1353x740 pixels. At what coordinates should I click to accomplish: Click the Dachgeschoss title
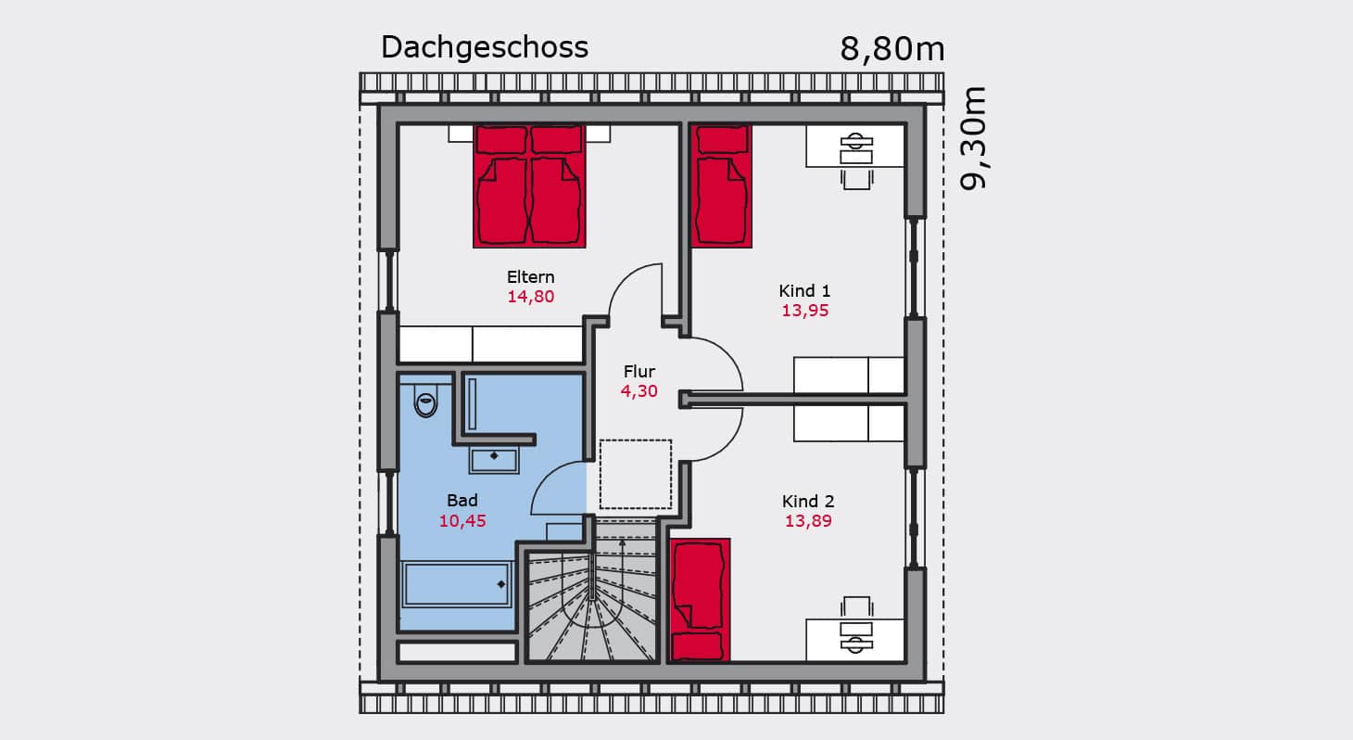pos(485,47)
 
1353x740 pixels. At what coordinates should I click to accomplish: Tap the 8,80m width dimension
pos(891,49)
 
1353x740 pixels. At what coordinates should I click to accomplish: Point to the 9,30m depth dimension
pos(972,138)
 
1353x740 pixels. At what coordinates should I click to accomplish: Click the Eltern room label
pos(530,277)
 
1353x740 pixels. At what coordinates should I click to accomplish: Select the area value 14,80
pos(530,297)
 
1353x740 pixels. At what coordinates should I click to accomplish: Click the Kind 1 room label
pos(804,291)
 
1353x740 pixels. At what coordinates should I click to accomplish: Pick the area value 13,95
pos(804,311)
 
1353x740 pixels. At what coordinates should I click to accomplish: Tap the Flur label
pos(639,371)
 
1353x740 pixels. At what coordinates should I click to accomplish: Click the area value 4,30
pos(639,391)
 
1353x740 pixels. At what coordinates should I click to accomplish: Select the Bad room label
pos(462,501)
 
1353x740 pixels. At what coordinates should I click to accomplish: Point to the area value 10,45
pos(462,521)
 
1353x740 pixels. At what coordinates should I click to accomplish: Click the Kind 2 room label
pos(808,501)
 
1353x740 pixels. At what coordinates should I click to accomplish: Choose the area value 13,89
pos(808,521)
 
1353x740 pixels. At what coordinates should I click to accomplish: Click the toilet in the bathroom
pos(426,401)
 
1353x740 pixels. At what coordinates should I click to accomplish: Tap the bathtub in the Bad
pos(457,584)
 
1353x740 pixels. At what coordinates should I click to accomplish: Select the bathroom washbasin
pos(494,461)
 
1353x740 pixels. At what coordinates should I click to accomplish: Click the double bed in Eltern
pos(529,186)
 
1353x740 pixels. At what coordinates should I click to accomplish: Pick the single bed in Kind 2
pos(700,600)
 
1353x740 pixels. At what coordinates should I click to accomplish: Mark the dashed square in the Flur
pos(636,475)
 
